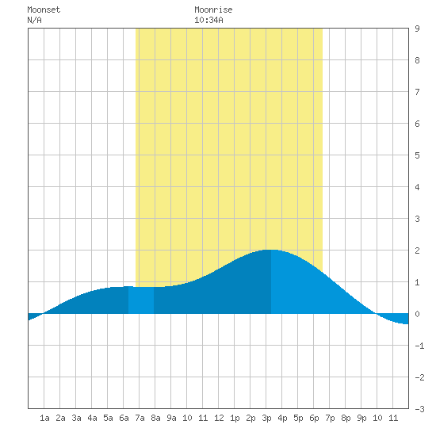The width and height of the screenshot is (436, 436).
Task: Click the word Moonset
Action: tap(44, 10)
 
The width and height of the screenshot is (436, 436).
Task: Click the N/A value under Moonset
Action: tap(34, 20)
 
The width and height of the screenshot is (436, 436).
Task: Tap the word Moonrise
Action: tap(213, 10)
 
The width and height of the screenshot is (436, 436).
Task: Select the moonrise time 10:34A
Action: tap(208, 20)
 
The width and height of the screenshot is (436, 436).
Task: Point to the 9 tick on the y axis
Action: tap(417, 29)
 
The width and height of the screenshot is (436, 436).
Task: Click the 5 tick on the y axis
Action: tap(417, 155)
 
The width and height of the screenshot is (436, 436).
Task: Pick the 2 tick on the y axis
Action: tap(417, 251)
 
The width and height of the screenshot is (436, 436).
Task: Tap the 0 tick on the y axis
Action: tap(417, 314)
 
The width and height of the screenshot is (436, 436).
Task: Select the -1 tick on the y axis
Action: tap(419, 346)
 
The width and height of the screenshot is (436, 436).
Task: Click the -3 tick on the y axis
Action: tap(419, 409)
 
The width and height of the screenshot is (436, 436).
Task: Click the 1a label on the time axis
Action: tap(44, 418)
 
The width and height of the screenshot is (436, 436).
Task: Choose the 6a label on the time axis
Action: tap(124, 418)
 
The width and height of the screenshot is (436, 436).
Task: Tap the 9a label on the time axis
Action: tap(171, 418)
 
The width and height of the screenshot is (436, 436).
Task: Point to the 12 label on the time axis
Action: tap(219, 418)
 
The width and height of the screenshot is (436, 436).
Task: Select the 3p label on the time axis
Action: tap(266, 418)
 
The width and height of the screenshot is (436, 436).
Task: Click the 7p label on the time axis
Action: tap(330, 418)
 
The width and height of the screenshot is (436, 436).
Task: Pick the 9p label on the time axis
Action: tap(361, 418)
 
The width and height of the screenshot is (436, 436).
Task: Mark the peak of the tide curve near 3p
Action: tap(270, 250)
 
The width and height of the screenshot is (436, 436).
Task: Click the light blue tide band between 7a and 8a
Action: tap(141, 300)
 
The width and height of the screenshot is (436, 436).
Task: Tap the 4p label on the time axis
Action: tap(282, 418)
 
